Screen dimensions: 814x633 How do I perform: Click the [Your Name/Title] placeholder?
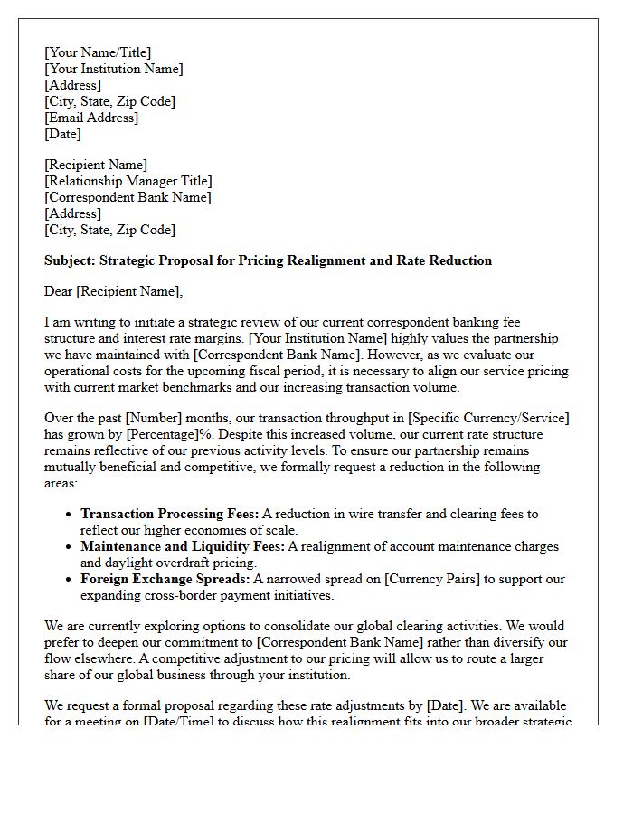[x=98, y=52]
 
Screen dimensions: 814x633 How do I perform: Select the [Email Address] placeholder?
[x=91, y=118]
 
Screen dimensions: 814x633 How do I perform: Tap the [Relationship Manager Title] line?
[x=128, y=181]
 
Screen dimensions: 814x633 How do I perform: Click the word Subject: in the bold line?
[x=70, y=260]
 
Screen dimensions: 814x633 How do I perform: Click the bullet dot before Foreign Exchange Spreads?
[x=70, y=580]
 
